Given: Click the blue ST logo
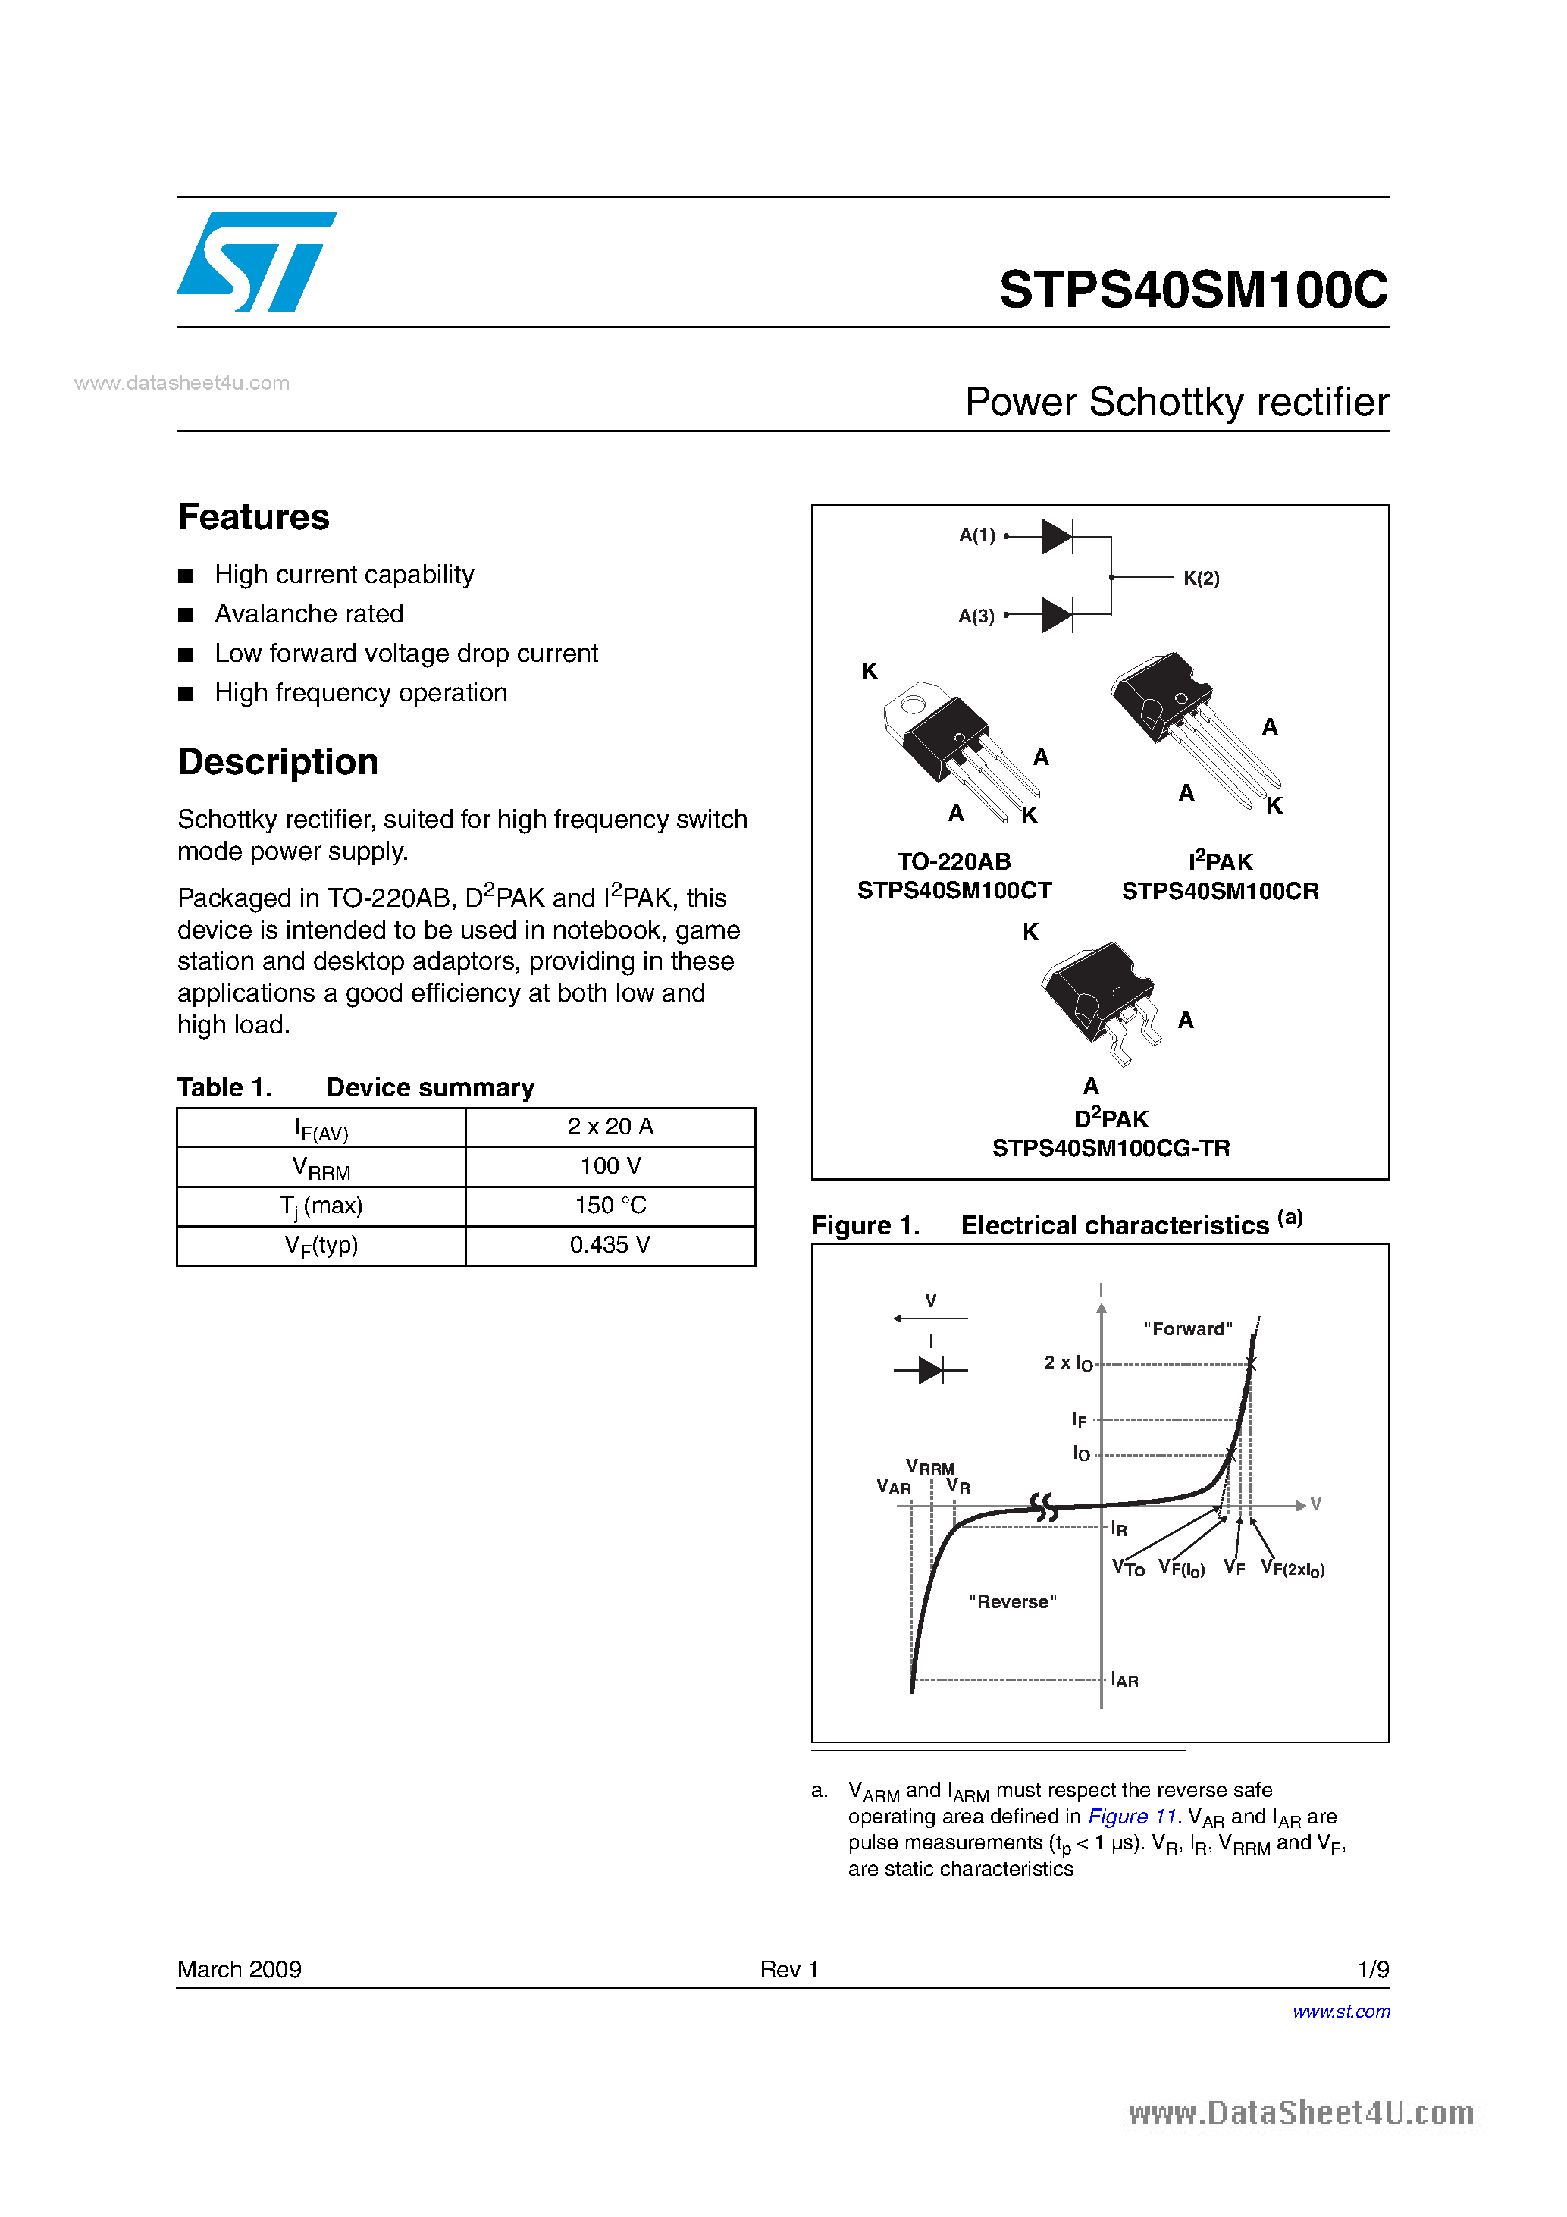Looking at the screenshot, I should [x=255, y=262].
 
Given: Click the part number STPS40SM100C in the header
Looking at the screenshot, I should [x=1193, y=290].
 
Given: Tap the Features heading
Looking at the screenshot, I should [x=254, y=518].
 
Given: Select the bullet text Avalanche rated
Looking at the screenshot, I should [x=309, y=614].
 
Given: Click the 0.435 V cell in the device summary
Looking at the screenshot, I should [x=610, y=1246].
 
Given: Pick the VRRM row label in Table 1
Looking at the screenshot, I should [x=321, y=1168].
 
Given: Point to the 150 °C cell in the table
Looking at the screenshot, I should [x=610, y=1206].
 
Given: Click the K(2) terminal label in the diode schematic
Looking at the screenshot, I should [x=1201, y=579].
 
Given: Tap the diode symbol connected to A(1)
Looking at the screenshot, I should [x=1056, y=537].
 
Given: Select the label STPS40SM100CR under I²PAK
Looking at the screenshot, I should [x=1220, y=891].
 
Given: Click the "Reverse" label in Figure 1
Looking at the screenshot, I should [x=1012, y=1602].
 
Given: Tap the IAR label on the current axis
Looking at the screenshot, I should [x=1125, y=1680].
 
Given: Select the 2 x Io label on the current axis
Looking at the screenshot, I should [x=1068, y=1363].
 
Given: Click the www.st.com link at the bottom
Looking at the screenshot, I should [x=1340, y=2012].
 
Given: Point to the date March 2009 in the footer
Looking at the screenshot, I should [x=240, y=1969].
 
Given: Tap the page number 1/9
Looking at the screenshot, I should [x=1372, y=1969].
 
